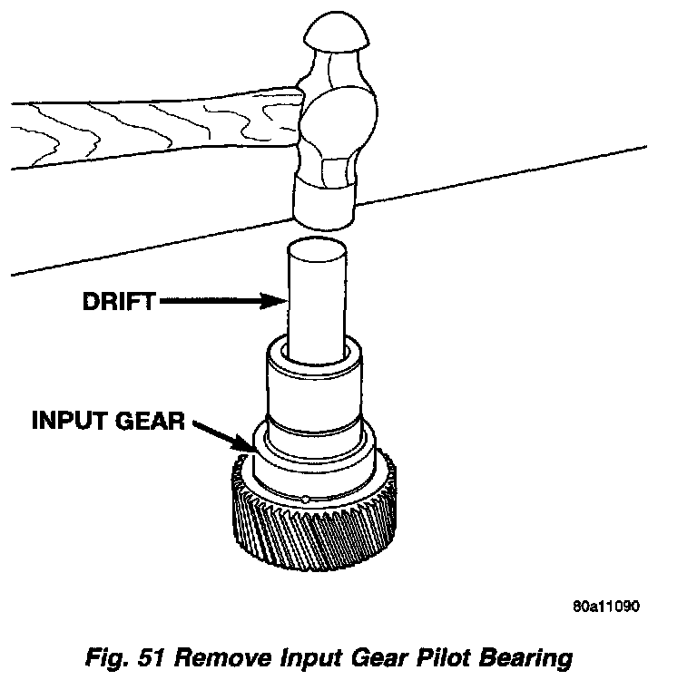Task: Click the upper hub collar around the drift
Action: pyautogui.click(x=313, y=381)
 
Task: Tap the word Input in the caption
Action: pyautogui.click(x=330, y=657)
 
